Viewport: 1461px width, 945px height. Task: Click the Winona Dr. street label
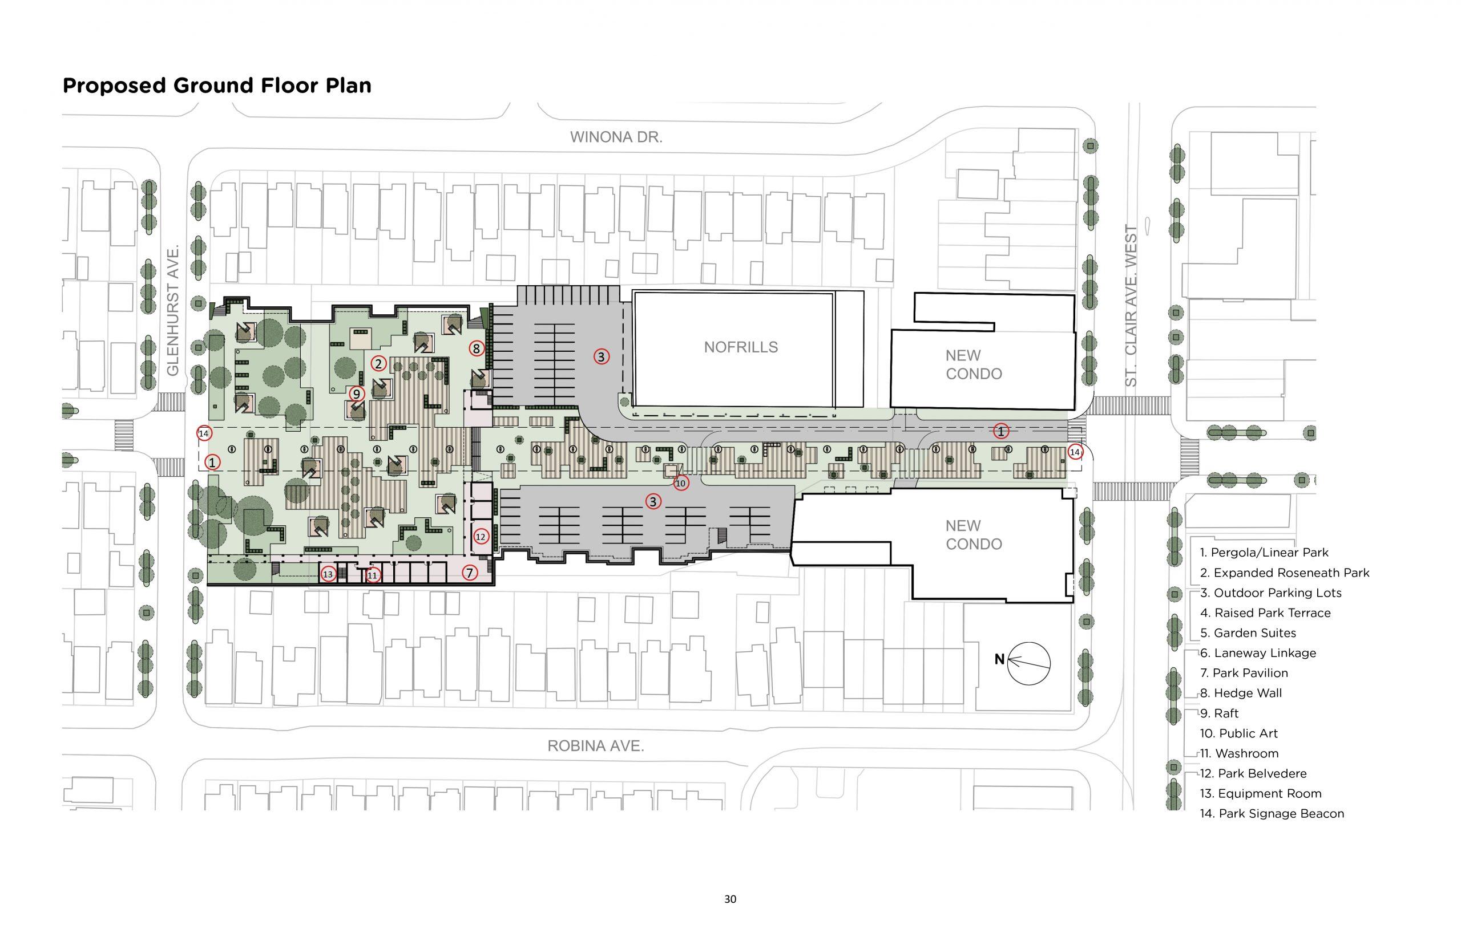(616, 137)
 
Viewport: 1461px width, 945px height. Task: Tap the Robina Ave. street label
(595, 745)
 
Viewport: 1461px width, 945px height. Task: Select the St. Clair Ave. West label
(1131, 306)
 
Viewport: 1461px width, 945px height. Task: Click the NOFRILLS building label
(740, 347)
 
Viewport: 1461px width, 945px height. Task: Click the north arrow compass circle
(1029, 663)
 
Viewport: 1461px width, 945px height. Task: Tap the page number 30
(730, 899)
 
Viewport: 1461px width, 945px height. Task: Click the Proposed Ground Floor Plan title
(217, 86)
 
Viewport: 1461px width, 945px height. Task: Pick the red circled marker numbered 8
(477, 348)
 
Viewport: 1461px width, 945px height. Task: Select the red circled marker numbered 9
(357, 394)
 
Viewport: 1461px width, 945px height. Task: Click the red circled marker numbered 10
(680, 483)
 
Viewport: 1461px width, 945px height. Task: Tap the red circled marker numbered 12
(480, 536)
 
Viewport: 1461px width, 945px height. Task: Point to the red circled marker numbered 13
(328, 574)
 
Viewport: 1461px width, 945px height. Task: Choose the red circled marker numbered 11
(372, 575)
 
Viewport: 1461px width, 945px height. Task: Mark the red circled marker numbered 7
(470, 573)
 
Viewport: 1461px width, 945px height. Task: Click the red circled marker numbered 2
(378, 363)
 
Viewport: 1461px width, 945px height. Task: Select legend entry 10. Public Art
(1239, 733)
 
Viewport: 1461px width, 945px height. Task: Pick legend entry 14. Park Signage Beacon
(1272, 814)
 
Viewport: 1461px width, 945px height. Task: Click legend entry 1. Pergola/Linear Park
(1264, 552)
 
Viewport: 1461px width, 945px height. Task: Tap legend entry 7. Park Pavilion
(1244, 673)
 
